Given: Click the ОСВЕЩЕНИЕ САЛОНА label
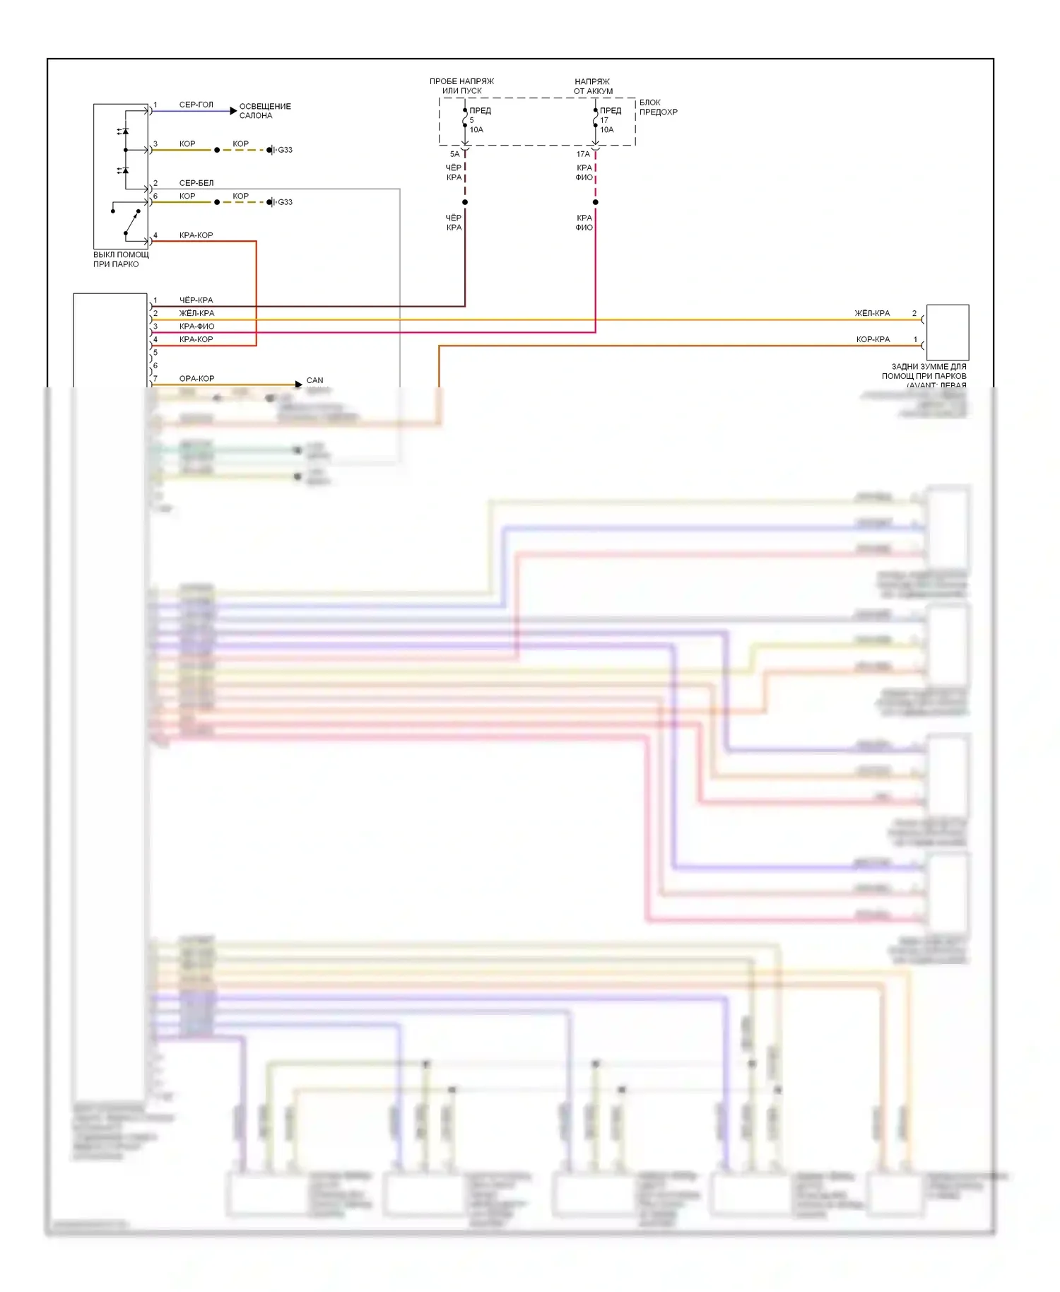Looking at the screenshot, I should tap(264, 111).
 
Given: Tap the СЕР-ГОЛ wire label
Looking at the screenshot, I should tap(196, 105).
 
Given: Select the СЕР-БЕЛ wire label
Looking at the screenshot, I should tap(196, 183).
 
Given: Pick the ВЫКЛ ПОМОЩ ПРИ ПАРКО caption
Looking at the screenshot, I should tap(121, 259).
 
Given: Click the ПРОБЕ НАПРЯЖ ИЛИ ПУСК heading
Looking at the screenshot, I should tap(461, 86).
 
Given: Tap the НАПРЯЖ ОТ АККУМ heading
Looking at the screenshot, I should tap(593, 86).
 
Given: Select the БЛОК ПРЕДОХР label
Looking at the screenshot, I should tap(658, 107).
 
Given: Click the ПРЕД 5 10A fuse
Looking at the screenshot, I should tap(466, 121).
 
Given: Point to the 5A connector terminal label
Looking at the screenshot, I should tap(454, 154).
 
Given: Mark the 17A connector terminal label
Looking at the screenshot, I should tap(583, 154).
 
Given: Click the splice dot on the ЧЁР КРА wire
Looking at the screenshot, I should tap(465, 202).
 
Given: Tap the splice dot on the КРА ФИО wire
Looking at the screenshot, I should tap(596, 202).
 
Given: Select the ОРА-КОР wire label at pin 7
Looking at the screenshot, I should tap(196, 379).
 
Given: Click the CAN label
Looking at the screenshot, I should tap(314, 380).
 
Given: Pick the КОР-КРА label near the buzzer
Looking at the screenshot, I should tap(873, 339).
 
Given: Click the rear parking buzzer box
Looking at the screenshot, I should tap(947, 332).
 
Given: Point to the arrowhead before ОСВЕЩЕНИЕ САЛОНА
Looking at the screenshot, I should tap(233, 111).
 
